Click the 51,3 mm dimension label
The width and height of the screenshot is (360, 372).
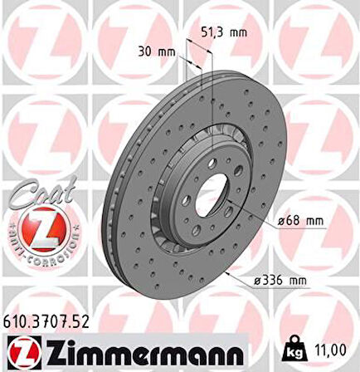226,33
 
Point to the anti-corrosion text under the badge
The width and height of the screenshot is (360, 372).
41,250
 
